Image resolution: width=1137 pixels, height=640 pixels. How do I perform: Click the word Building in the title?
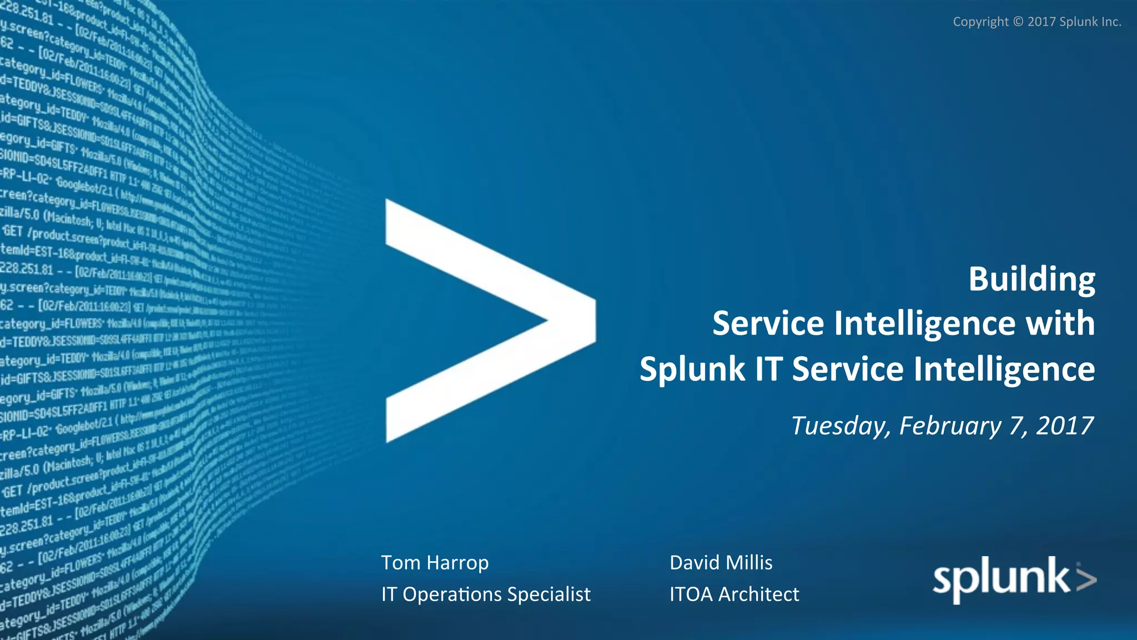[x=1032, y=279]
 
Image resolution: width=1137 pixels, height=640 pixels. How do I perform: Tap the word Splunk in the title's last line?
[x=692, y=369]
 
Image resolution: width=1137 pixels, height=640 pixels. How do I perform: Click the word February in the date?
[x=950, y=426]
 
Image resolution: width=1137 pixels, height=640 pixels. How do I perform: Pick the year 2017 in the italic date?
[x=1065, y=426]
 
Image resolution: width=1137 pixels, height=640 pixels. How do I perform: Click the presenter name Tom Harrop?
[x=435, y=563]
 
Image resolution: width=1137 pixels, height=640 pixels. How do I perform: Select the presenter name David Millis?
[x=721, y=563]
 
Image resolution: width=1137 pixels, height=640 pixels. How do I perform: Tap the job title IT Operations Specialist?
[x=486, y=594]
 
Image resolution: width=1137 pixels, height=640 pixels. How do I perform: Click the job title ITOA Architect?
[x=734, y=594]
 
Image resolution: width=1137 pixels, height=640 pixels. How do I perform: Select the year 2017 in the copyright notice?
[x=1042, y=22]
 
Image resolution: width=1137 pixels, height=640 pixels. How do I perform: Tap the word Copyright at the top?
[x=980, y=22]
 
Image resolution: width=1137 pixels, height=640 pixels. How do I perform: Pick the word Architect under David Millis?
[x=758, y=594]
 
